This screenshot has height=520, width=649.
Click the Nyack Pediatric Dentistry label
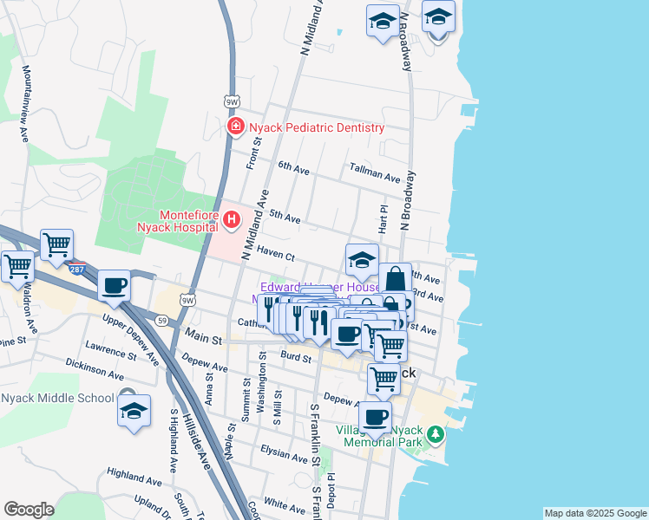pyautogui.click(x=316, y=127)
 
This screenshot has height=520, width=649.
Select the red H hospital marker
pyautogui.click(x=231, y=220)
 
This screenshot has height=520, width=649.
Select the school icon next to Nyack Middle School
pyautogui.click(x=134, y=410)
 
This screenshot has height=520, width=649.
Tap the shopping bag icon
pyautogui.click(x=395, y=278)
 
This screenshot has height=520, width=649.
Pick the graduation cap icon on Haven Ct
pyautogui.click(x=362, y=259)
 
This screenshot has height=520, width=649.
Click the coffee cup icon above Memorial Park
pyautogui.click(x=375, y=417)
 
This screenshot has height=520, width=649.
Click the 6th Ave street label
pyautogui.click(x=293, y=166)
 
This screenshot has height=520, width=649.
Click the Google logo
pyautogui.click(x=29, y=510)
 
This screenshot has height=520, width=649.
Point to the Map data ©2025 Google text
pyautogui.click(x=594, y=513)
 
